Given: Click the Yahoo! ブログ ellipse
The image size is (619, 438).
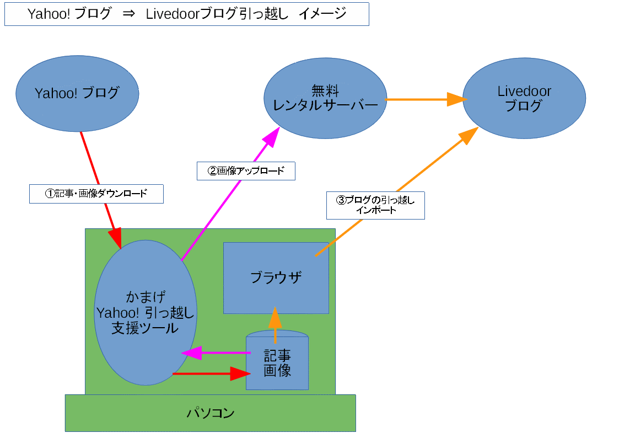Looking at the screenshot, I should point(77,93).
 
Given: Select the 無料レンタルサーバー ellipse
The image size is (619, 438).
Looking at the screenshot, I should point(325,98).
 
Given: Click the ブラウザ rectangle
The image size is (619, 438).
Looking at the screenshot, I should point(276,277).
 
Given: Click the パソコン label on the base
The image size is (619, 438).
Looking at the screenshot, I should point(210,413).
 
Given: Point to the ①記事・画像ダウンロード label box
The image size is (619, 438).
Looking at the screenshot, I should point(96,194).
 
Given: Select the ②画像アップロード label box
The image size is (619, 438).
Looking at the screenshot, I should point(246,170).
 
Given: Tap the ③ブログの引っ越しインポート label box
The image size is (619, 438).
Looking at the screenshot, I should point(375,205).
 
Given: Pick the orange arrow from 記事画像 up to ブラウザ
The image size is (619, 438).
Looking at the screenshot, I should point(274,325).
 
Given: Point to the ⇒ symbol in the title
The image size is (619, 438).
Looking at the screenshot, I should point(128,14).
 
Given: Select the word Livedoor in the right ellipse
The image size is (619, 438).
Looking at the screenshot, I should point(524,91).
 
